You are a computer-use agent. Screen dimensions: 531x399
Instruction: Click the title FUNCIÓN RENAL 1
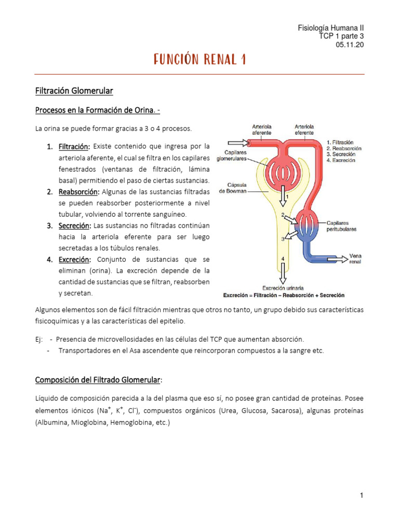click(x=199, y=60)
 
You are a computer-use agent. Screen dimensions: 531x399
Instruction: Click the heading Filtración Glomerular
click(x=74, y=91)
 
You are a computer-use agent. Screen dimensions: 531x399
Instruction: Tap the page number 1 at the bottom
click(x=362, y=496)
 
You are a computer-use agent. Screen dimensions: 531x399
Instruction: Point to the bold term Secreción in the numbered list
click(x=74, y=226)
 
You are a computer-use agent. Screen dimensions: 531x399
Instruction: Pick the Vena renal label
click(x=355, y=259)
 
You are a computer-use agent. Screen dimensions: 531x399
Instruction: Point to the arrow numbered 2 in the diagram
click(x=289, y=220)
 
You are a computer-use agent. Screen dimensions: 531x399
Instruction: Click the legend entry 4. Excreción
click(x=340, y=161)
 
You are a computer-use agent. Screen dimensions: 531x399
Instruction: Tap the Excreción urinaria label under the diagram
click(x=283, y=288)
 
